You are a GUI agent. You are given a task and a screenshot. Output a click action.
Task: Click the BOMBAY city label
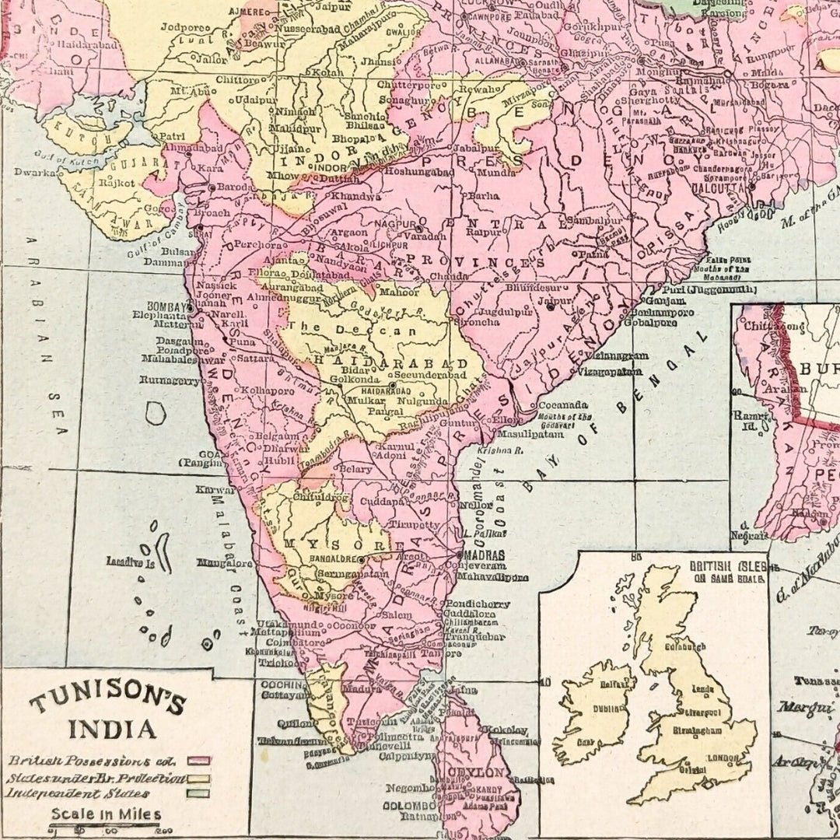tap(166, 306)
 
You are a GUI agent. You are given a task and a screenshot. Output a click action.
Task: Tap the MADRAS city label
tap(485, 555)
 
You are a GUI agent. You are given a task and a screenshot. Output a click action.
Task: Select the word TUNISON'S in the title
tap(108, 702)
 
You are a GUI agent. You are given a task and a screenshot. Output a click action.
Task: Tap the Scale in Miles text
tap(107, 815)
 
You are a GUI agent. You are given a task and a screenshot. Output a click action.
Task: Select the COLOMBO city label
tap(411, 805)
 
